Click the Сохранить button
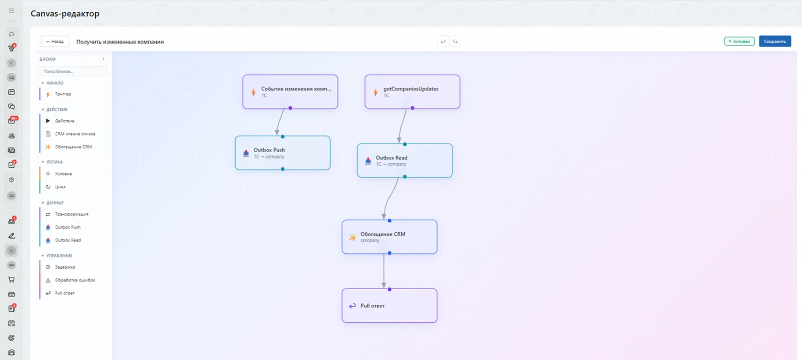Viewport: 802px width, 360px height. [x=775, y=41]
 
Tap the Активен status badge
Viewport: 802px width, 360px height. [x=739, y=41]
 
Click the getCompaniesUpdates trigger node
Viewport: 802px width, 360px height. [x=412, y=92]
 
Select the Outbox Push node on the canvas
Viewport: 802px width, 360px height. [x=283, y=153]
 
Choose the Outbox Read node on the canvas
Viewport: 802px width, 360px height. [x=405, y=160]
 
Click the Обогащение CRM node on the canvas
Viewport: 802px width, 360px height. [x=389, y=237]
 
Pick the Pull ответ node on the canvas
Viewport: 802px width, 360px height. [x=389, y=306]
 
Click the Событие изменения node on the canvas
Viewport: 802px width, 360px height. [x=290, y=92]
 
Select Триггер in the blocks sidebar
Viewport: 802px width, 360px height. [x=63, y=94]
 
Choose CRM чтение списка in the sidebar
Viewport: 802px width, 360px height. [x=75, y=134]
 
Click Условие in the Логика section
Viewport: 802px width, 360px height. [x=63, y=174]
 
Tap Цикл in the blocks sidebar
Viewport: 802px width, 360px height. [x=60, y=187]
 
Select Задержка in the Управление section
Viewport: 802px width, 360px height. [x=65, y=267]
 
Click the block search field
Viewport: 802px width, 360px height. [x=73, y=71]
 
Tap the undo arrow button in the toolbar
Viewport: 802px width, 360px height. [x=443, y=42]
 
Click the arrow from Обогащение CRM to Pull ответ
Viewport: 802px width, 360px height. [x=384, y=271]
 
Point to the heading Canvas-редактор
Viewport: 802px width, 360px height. [x=65, y=14]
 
